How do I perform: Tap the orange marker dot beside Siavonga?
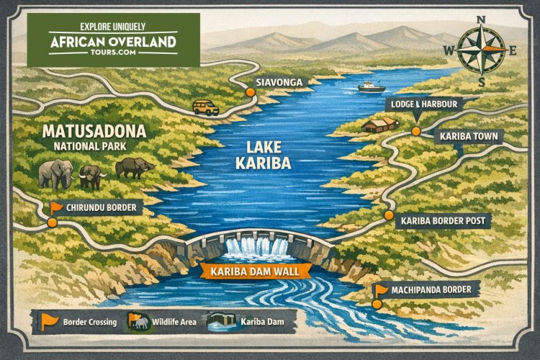[x=250, y=92]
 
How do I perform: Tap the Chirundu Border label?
[x=100, y=208]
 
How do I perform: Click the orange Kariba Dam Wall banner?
[x=258, y=271]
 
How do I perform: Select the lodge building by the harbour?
[x=379, y=125]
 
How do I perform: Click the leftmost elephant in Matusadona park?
[x=55, y=174]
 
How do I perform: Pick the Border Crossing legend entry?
[x=76, y=322]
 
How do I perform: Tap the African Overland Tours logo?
[x=112, y=39]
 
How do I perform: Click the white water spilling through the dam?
[x=258, y=248]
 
